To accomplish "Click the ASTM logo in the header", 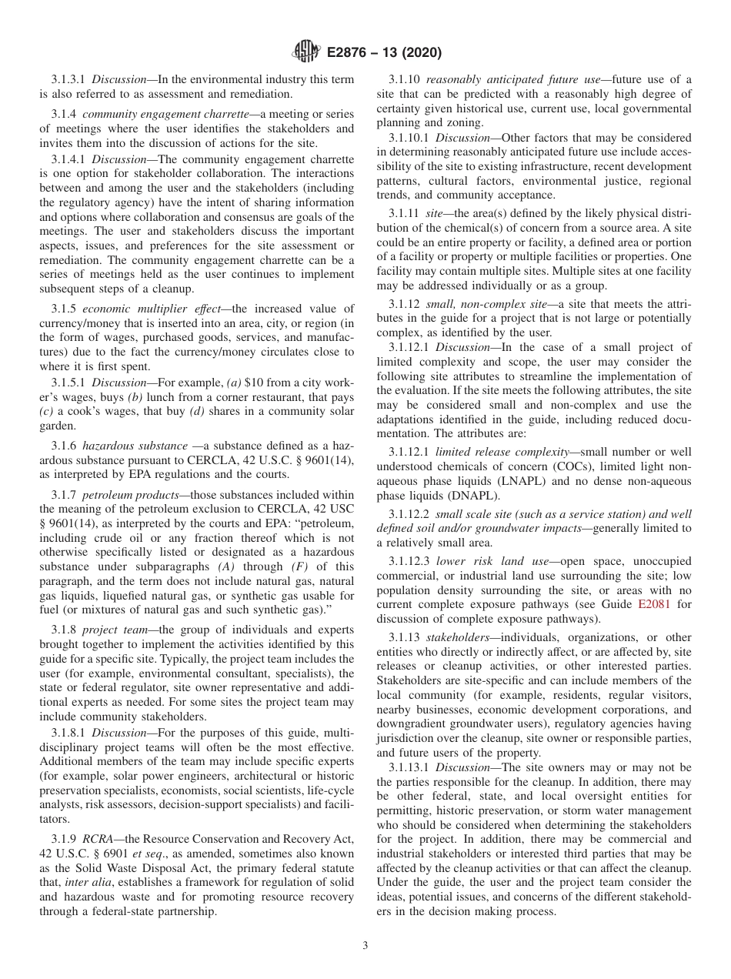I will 306,53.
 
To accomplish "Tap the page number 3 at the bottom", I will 365,946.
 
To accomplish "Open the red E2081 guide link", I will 654,604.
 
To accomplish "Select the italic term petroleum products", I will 131,494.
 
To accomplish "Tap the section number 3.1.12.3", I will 410,561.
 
